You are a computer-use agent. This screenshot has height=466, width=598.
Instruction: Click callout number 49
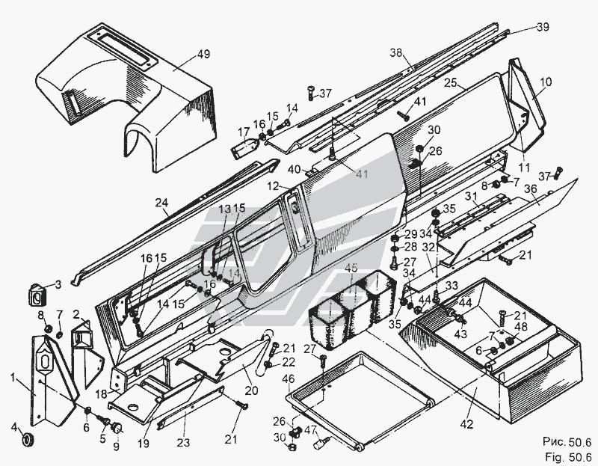tap(182, 54)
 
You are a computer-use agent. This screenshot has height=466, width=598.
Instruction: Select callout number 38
tap(395, 52)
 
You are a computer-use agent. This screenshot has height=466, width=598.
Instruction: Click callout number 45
tap(351, 267)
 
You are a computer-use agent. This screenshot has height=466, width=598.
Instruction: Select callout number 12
tap(274, 184)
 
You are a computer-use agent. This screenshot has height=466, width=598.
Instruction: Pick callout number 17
tap(242, 132)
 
